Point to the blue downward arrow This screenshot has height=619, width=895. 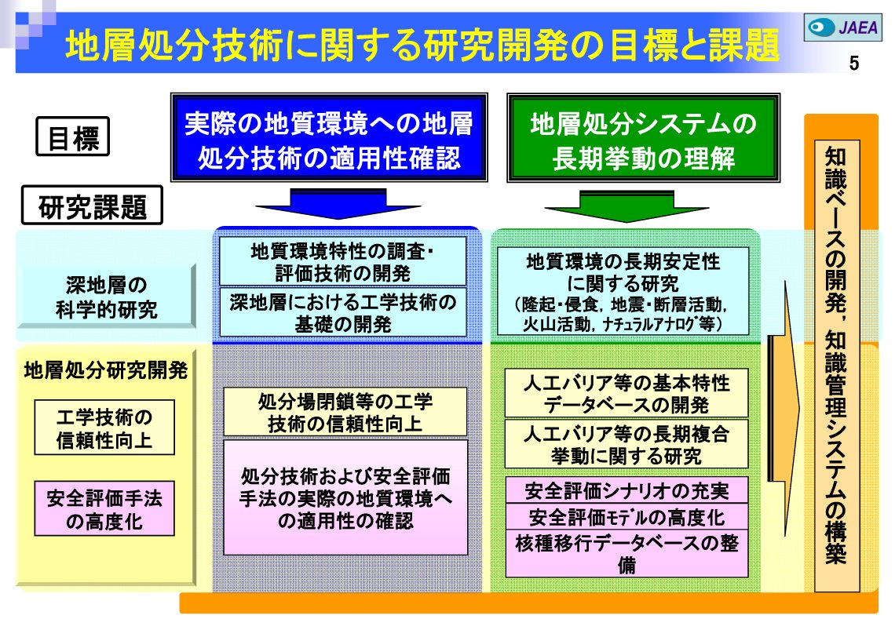[x=328, y=202]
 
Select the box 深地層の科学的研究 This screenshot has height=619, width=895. [x=106, y=297]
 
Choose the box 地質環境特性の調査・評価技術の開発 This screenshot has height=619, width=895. [x=342, y=262]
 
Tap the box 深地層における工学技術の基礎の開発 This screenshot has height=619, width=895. [x=342, y=311]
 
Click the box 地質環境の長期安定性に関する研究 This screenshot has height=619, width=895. [x=623, y=290]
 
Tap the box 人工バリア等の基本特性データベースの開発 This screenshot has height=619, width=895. [x=626, y=393]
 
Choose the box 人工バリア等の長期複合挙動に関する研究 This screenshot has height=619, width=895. [x=626, y=444]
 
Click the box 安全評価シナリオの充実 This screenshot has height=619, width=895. [x=626, y=491]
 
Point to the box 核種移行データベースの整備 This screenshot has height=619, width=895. [x=626, y=553]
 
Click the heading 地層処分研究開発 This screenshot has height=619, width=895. [x=105, y=369]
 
